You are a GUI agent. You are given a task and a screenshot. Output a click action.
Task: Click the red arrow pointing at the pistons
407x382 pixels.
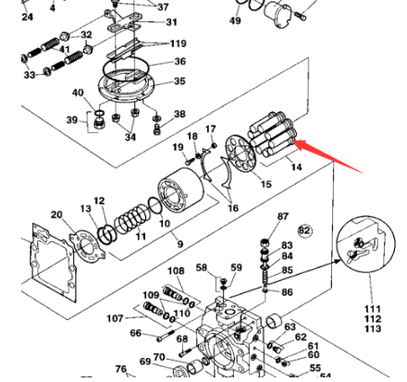327,156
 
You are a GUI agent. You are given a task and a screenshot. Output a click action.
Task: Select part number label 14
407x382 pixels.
296,167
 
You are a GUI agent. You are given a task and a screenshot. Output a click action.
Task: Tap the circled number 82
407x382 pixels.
304,230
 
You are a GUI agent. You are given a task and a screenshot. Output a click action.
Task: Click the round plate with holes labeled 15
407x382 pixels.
240,154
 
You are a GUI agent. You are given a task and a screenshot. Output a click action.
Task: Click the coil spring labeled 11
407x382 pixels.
131,218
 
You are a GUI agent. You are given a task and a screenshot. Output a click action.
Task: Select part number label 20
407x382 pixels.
56,215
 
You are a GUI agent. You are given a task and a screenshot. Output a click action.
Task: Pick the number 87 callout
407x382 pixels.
283,216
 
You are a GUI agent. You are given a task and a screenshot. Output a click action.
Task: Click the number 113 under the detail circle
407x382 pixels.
373,328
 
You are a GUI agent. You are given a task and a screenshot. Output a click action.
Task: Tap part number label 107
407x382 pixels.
115,318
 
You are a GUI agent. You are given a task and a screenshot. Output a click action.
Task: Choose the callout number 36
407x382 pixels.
180,61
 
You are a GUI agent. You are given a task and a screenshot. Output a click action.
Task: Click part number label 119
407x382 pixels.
179,43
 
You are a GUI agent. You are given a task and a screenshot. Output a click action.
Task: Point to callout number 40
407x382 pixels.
78,92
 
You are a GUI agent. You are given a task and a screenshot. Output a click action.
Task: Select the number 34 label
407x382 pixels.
130,137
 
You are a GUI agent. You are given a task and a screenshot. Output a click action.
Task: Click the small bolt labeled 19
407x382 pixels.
189,161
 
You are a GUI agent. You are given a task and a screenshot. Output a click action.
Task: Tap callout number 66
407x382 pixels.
136,333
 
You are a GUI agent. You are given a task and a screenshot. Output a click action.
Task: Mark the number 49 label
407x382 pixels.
235,20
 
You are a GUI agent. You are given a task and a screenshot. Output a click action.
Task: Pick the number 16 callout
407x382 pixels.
233,208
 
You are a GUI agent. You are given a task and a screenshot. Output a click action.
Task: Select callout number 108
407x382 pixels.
176,271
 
